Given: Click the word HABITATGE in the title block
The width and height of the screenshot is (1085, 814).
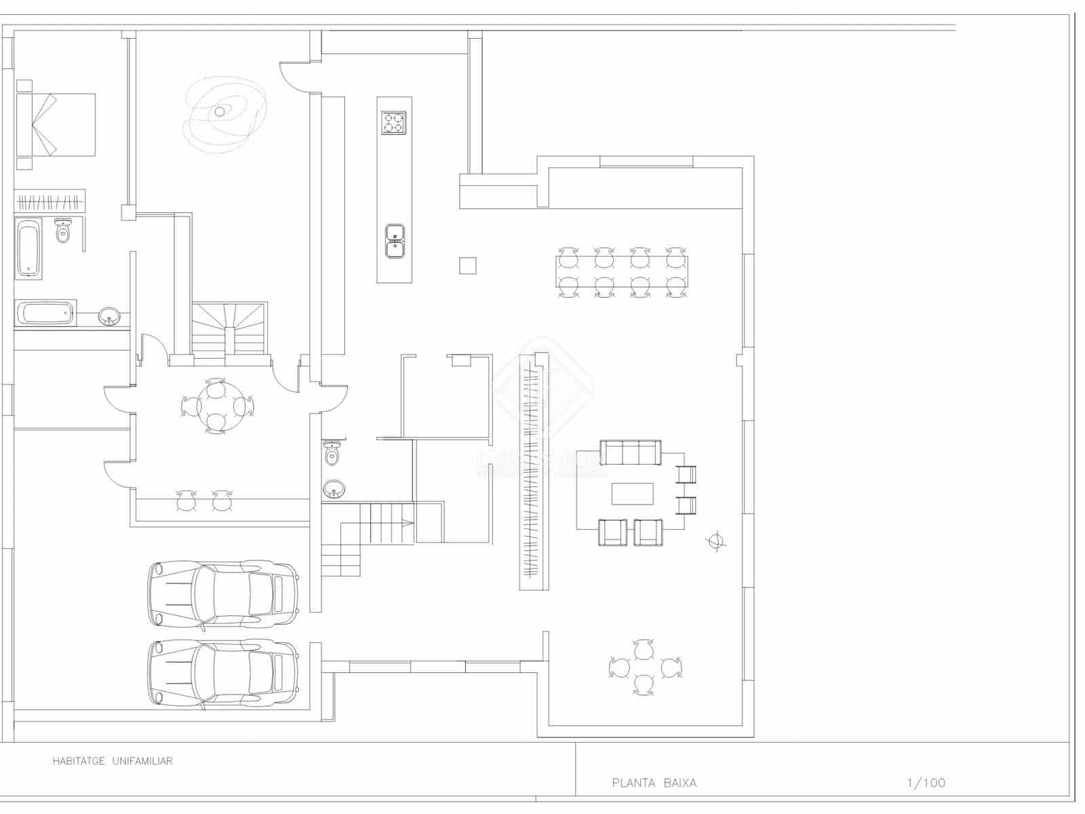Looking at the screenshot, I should click(79, 761).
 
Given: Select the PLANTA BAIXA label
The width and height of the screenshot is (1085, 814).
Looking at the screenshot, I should click(654, 783).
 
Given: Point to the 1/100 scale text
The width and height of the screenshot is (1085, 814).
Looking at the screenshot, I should click(926, 783).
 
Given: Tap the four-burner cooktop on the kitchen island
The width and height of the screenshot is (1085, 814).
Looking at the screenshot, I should click(393, 123).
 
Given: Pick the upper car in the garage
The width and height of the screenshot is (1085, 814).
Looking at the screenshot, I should click(223, 594).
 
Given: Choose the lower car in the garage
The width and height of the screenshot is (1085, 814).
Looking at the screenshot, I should click(223, 673).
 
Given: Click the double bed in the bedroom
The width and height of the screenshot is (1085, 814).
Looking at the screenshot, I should click(56, 125).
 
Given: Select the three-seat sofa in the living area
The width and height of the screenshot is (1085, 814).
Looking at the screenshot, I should click(631, 452).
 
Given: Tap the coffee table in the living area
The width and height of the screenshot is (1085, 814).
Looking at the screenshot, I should click(632, 493).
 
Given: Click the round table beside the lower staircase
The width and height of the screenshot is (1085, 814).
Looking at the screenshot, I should click(216, 407).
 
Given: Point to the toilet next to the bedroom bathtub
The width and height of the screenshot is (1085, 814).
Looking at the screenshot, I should click(63, 231).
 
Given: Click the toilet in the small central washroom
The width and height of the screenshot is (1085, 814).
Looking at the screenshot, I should click(332, 453).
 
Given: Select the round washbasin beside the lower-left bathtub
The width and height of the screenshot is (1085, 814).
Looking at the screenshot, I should click(108, 316).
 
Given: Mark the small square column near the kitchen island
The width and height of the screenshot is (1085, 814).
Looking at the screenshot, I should click(467, 265).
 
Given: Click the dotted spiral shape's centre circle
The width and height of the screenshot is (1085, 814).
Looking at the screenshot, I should click(220, 112).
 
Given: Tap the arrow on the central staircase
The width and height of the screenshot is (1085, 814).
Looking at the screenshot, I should click(405, 522).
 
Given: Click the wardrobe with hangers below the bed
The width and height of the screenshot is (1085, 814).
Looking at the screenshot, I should click(50, 202).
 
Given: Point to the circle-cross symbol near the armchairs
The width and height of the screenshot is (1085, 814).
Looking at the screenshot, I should click(715, 541).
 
